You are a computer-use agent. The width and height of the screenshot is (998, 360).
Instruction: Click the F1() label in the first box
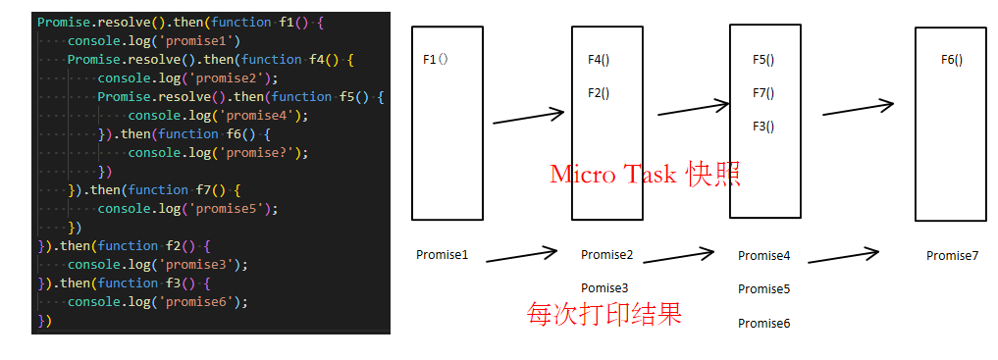tap(435, 60)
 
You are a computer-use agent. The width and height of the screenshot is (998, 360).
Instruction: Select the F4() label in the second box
tap(599, 60)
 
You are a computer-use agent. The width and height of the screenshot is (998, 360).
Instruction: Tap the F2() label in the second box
tap(599, 93)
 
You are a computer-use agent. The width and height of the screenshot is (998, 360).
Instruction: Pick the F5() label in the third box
tap(763, 60)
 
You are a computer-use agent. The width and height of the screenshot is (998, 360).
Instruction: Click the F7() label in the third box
tap(763, 93)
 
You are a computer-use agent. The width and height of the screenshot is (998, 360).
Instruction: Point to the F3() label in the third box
tap(763, 126)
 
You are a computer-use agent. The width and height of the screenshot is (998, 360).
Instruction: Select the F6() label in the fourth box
tap(952, 60)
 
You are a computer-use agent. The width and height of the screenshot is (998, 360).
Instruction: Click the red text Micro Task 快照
tap(645, 175)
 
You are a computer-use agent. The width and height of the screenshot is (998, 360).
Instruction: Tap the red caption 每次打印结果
tap(604, 314)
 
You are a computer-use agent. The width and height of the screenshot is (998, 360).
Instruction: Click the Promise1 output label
tap(442, 255)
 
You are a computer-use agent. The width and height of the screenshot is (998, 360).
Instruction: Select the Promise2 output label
tap(606, 255)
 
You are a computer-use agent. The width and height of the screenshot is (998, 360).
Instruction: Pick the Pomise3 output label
tap(604, 288)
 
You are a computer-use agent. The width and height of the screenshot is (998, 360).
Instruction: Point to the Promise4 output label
tap(763, 256)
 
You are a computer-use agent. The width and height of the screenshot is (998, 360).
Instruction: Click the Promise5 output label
tap(763, 289)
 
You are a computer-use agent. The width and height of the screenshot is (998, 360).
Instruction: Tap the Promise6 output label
tap(763, 323)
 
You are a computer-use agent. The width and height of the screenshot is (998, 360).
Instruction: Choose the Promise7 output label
tap(952, 256)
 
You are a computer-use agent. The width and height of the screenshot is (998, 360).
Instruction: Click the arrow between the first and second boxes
tap(528, 117)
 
